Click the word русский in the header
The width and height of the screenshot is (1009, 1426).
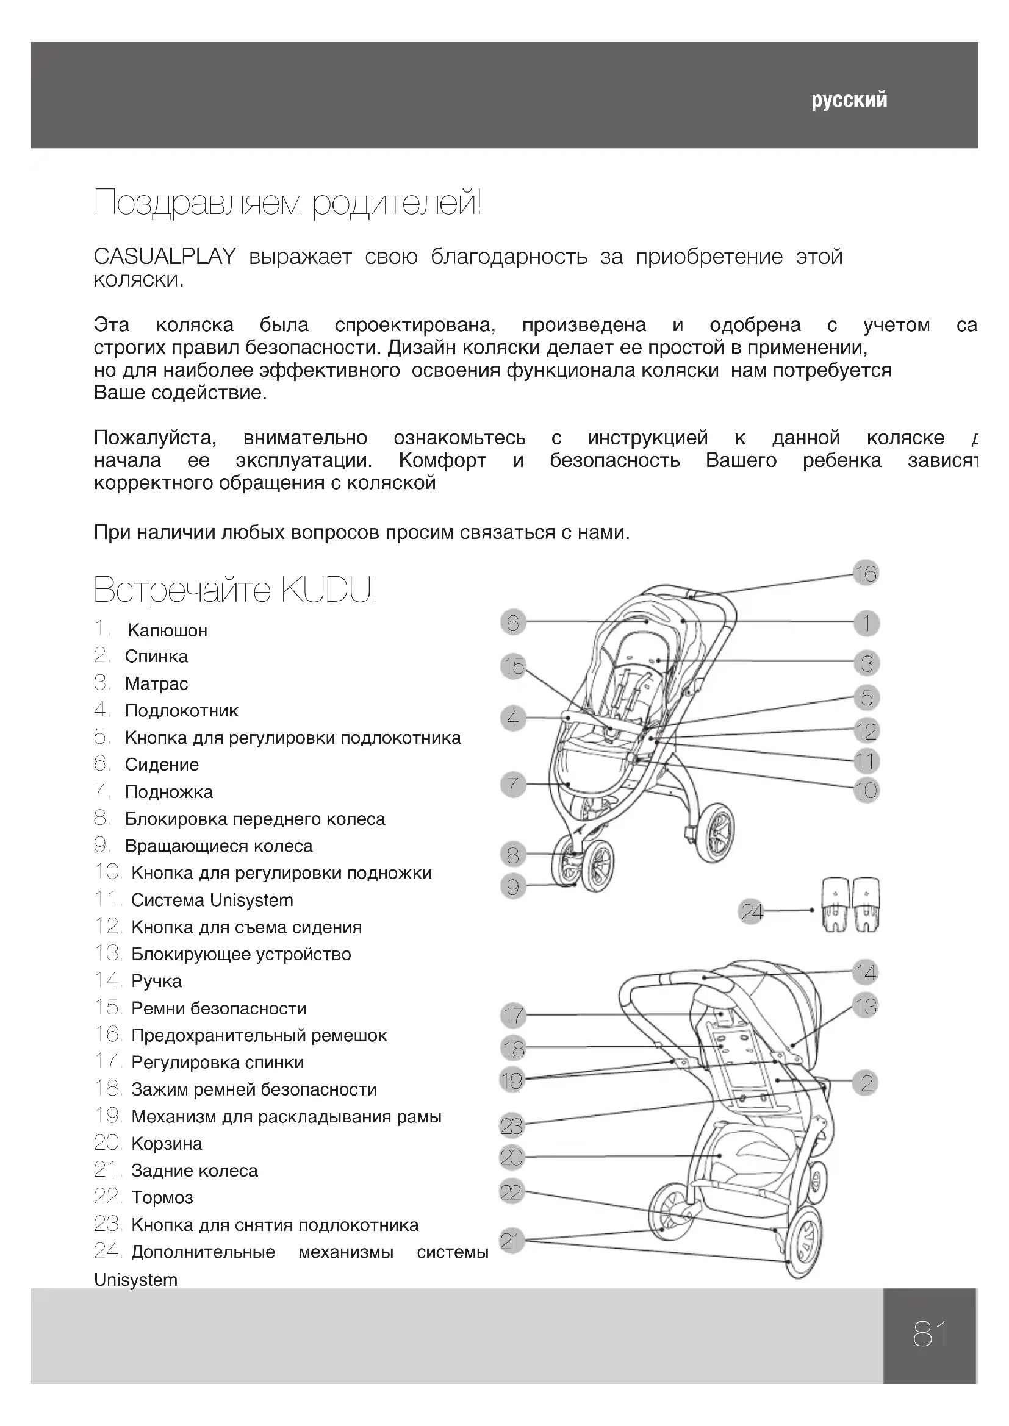tap(849, 101)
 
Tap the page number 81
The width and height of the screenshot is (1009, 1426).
tap(930, 1334)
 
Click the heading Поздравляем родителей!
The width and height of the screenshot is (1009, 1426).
tap(288, 204)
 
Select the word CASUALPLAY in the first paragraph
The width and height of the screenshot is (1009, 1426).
tap(165, 257)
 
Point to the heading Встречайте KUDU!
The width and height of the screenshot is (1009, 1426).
tap(235, 590)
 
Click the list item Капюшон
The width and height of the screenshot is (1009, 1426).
tap(167, 630)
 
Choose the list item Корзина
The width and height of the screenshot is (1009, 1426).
tap(167, 1143)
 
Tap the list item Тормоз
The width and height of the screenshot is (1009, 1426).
tap(162, 1197)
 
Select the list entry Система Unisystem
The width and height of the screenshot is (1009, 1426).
tap(212, 900)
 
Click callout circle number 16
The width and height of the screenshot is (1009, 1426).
tap(866, 573)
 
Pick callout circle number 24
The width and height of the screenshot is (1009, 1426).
tap(751, 911)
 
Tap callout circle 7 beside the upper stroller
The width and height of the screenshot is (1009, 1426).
tap(513, 785)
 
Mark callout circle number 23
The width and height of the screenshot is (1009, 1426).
tap(512, 1125)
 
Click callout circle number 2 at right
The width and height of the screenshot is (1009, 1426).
tap(866, 1083)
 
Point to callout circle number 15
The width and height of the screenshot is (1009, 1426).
tap(513, 666)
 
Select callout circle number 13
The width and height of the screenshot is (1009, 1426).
tap(866, 1006)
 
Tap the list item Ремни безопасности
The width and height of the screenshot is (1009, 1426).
tap(219, 1008)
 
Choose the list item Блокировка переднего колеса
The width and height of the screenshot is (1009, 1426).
tap(255, 819)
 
